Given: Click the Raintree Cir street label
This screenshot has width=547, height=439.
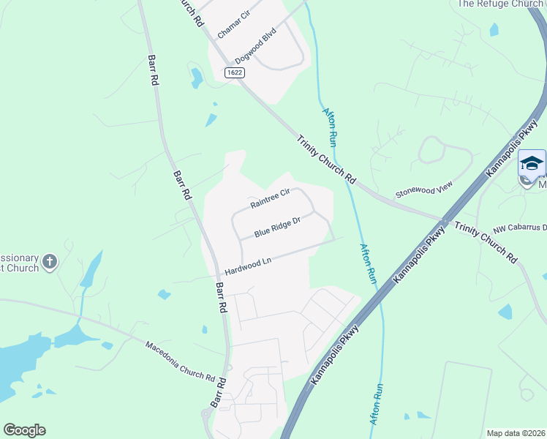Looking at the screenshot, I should pos(271,199).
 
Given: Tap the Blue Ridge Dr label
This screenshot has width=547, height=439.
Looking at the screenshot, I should pos(278,228).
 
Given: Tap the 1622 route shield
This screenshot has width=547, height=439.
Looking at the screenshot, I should pos(235,72).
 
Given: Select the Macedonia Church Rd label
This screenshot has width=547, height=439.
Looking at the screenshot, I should pos(179,361).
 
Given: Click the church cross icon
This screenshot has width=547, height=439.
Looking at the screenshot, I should pos(50,261).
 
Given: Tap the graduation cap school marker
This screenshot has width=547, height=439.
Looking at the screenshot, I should pos(532,162).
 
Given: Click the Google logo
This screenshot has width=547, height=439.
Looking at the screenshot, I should pos(24,430).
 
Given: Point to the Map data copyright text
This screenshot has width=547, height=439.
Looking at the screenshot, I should pos(516,433).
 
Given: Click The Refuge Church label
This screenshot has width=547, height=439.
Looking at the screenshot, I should pos(500,4).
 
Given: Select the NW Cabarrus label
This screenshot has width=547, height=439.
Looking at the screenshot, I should pos(520,228).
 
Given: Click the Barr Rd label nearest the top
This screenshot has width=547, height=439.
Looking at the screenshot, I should pos(154,70).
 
